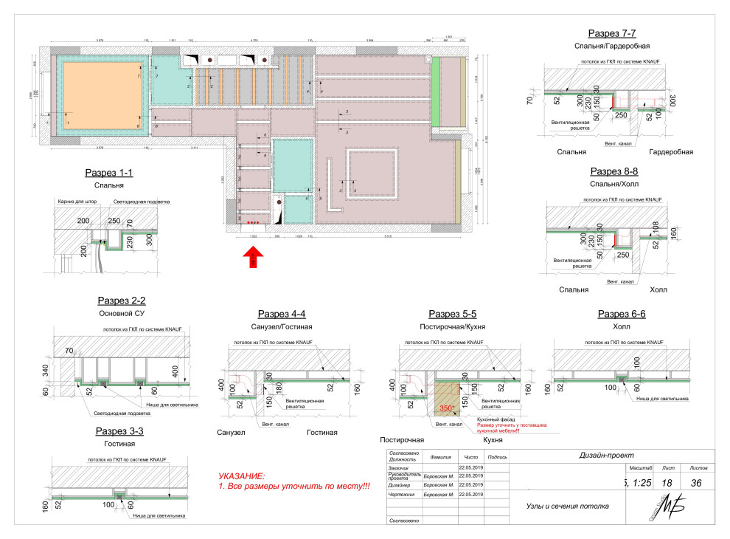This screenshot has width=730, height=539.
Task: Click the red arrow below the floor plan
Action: (253, 256)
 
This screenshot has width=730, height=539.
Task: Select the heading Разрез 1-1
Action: (109, 174)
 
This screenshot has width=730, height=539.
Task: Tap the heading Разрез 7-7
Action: (611, 33)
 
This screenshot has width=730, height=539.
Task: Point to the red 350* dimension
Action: (445, 408)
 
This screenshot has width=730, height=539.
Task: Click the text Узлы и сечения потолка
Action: (567, 507)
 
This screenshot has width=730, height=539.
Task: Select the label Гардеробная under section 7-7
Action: (671, 152)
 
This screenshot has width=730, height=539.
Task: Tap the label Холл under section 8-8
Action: (658, 289)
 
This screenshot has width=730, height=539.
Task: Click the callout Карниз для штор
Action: (76, 202)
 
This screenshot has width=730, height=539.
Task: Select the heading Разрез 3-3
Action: (120, 431)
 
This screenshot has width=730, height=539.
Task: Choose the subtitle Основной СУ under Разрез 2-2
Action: (122, 313)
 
